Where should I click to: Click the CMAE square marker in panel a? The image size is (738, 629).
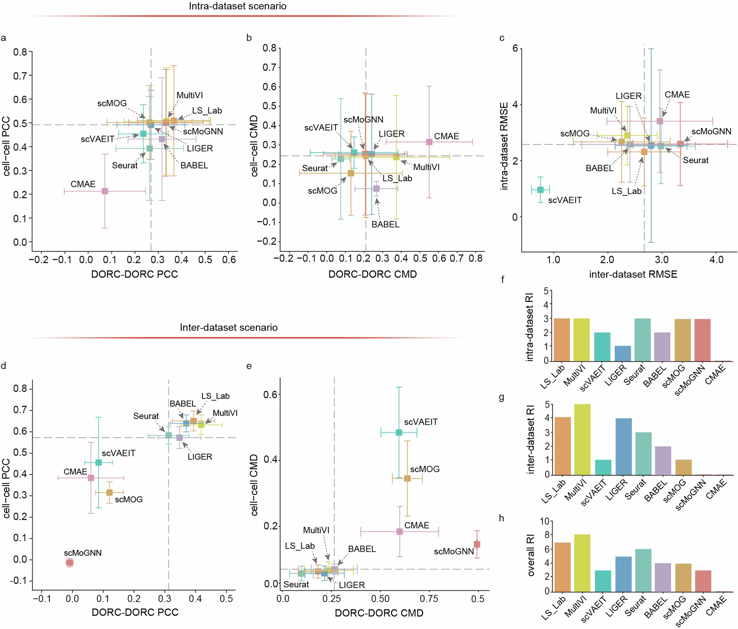(x=105, y=191)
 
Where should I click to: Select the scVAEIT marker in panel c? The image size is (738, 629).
(x=540, y=190)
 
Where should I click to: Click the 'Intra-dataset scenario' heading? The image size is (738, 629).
(x=237, y=6)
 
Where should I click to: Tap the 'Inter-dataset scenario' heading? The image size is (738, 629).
(x=228, y=327)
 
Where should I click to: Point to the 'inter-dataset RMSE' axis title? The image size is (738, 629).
(x=633, y=274)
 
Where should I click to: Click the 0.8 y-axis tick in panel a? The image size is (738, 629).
(x=20, y=52)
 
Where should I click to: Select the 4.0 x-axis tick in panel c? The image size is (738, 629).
(x=716, y=260)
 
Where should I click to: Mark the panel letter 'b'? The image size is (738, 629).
(x=249, y=38)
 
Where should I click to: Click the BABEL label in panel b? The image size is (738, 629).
(x=385, y=224)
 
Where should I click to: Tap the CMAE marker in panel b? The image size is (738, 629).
(x=429, y=142)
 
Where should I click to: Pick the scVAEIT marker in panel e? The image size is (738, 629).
(x=399, y=433)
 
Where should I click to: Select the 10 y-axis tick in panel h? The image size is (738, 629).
(x=544, y=521)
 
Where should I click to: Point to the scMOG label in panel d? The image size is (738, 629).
(x=128, y=500)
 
